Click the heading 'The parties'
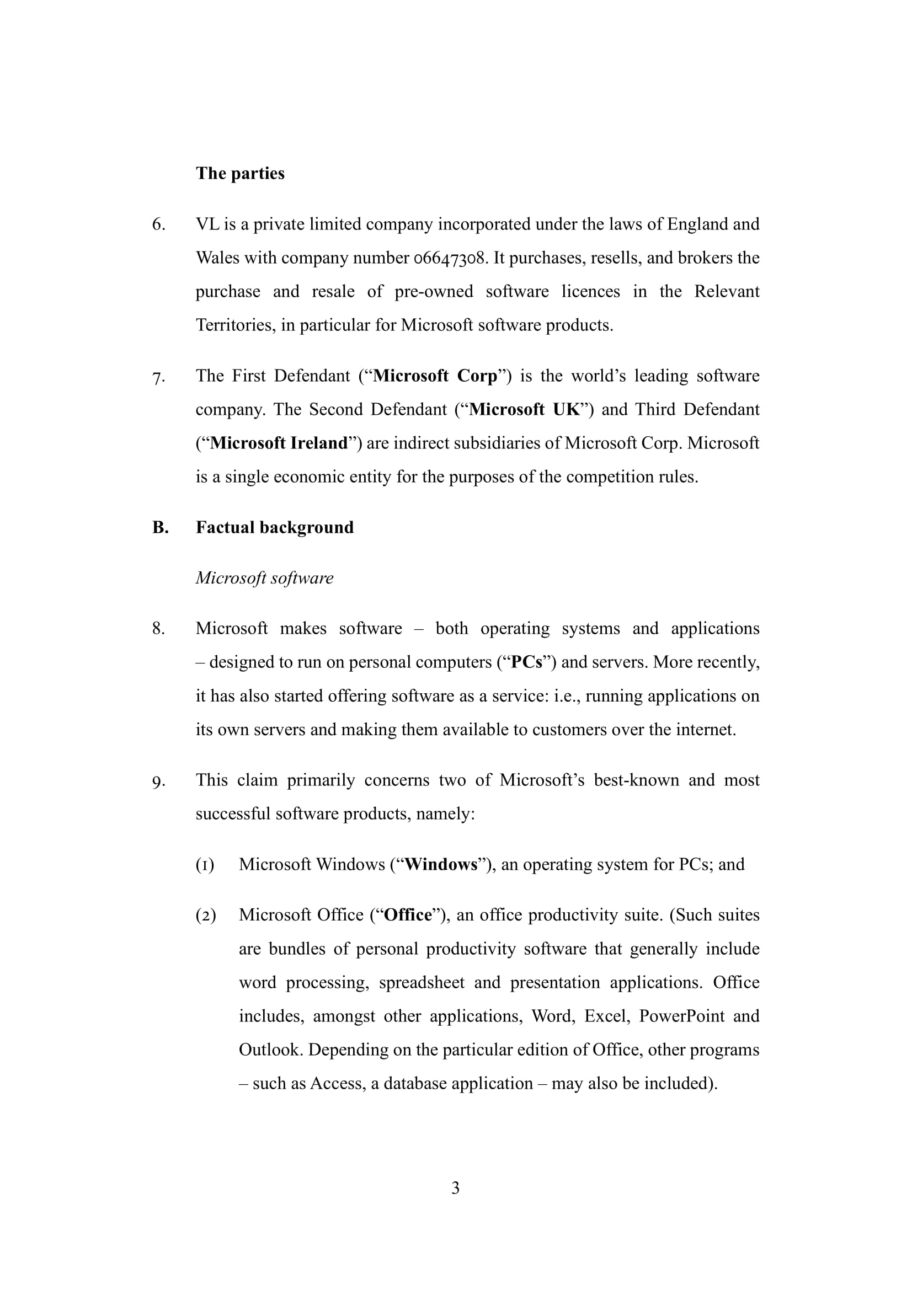240,173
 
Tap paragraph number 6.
158,224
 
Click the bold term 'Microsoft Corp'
435,376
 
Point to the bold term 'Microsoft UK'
524,409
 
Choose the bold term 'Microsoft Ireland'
279,443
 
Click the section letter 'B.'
160,527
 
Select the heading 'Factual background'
275,527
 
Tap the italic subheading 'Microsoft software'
264,577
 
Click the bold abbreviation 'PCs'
526,662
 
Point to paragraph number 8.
158,628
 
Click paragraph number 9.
158,780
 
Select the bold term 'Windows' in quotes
440,864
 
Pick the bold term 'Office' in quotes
408,914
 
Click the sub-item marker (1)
205,864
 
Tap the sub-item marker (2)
206,914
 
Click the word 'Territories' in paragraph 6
236,325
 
